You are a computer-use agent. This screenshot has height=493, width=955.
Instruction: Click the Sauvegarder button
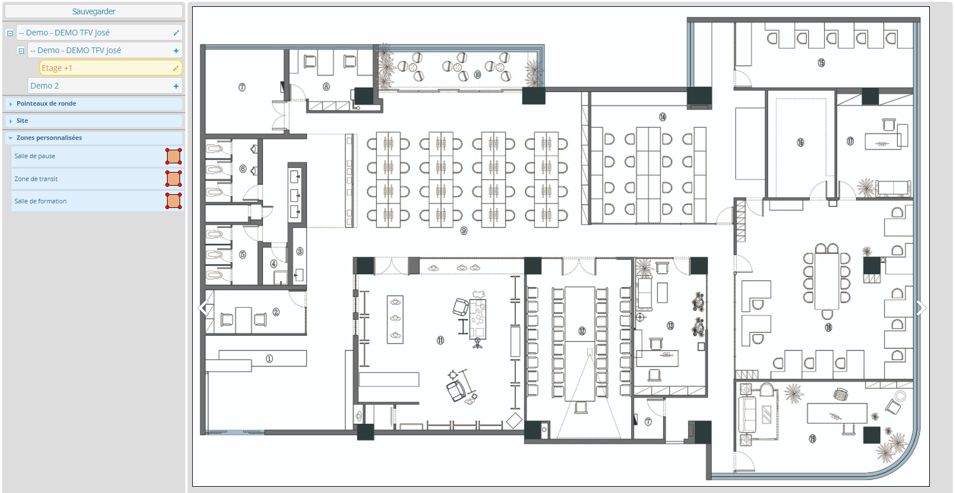pos(93,11)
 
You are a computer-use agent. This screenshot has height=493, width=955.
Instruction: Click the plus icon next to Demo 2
pos(176,86)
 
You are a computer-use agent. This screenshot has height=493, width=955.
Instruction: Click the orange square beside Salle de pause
pos(173,157)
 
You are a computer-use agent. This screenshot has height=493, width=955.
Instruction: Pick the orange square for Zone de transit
pos(173,179)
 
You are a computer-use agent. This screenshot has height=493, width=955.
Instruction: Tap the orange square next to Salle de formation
pos(173,201)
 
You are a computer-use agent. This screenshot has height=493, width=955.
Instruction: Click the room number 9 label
pos(464,231)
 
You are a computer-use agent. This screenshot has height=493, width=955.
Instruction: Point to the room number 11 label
pos(440,340)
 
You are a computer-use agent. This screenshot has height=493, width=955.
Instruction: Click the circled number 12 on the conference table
pos(582,331)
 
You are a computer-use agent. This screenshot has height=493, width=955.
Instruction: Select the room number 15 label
pos(821,63)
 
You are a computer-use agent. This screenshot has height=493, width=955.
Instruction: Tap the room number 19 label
pos(813,439)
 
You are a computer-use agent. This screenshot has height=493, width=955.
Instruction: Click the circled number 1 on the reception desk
pos(269,359)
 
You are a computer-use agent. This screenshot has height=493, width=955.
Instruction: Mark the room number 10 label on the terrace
pos(477,74)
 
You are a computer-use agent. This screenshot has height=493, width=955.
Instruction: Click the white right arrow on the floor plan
pos(921,308)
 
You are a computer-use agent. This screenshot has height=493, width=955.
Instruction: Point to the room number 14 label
pos(663,117)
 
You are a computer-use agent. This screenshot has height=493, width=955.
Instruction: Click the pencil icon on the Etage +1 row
pos(176,68)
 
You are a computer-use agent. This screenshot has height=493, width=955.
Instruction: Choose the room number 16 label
pos(800,143)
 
